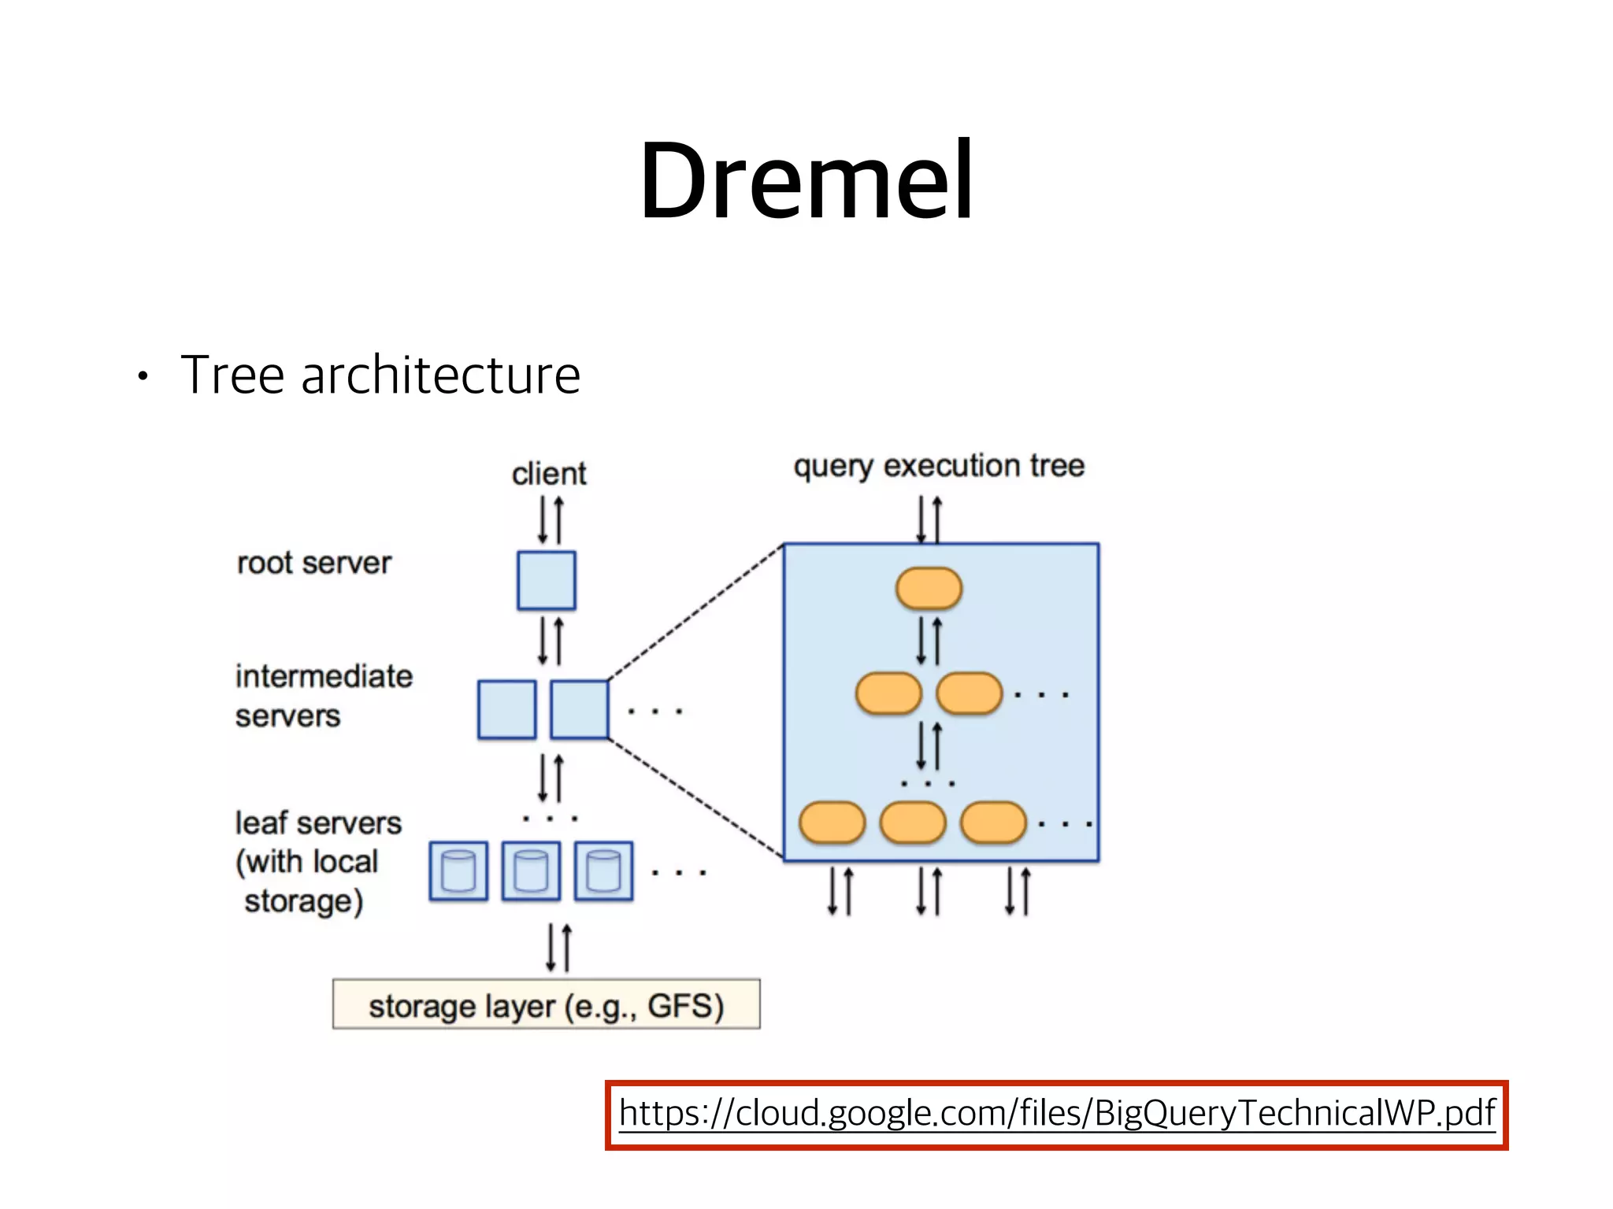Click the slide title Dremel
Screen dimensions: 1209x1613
pos(806,181)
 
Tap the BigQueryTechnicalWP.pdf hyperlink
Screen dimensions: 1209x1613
pos(1056,1113)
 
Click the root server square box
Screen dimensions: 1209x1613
pos(546,581)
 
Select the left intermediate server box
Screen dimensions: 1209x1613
pos(506,710)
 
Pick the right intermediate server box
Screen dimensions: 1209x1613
pos(579,710)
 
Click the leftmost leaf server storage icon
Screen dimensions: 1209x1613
pos(458,871)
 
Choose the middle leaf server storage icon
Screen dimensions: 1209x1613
pos(531,871)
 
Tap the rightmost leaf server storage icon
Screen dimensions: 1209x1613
pos(603,871)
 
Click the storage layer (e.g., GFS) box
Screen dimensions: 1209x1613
pos(546,1004)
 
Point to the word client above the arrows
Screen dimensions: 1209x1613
pos(549,474)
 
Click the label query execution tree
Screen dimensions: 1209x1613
pos(939,466)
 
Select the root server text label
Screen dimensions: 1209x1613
pos(313,564)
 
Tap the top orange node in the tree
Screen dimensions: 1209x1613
pos(929,589)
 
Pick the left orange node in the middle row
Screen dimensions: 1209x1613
pos(888,693)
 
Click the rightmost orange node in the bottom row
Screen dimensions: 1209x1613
pos(994,823)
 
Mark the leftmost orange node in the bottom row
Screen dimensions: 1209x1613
pos(832,823)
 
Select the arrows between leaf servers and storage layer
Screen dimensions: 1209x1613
pos(558,948)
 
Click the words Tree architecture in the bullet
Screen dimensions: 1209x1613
pos(380,375)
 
